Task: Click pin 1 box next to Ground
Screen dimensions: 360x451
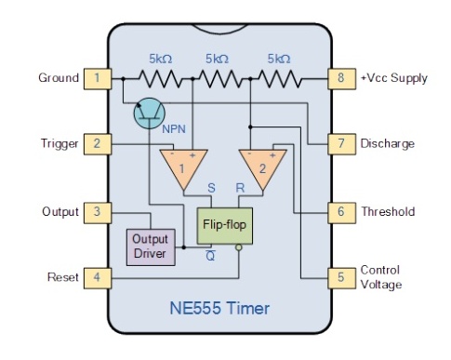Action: coord(97,78)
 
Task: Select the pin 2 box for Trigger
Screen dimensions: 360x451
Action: coord(97,144)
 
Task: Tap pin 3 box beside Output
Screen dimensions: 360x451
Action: coord(97,212)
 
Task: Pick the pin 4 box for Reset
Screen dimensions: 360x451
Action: coord(97,277)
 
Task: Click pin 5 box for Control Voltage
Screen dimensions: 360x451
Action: coord(340,277)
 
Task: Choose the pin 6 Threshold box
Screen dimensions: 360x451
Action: coord(340,212)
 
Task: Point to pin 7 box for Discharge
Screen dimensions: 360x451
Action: coord(340,144)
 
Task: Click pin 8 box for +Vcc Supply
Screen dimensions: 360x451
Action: coord(340,78)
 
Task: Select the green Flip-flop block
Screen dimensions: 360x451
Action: coord(224,224)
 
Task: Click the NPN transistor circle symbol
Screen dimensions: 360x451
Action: coord(149,113)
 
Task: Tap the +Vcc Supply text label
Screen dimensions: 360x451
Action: coord(395,78)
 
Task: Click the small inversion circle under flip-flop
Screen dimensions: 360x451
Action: coord(239,247)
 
